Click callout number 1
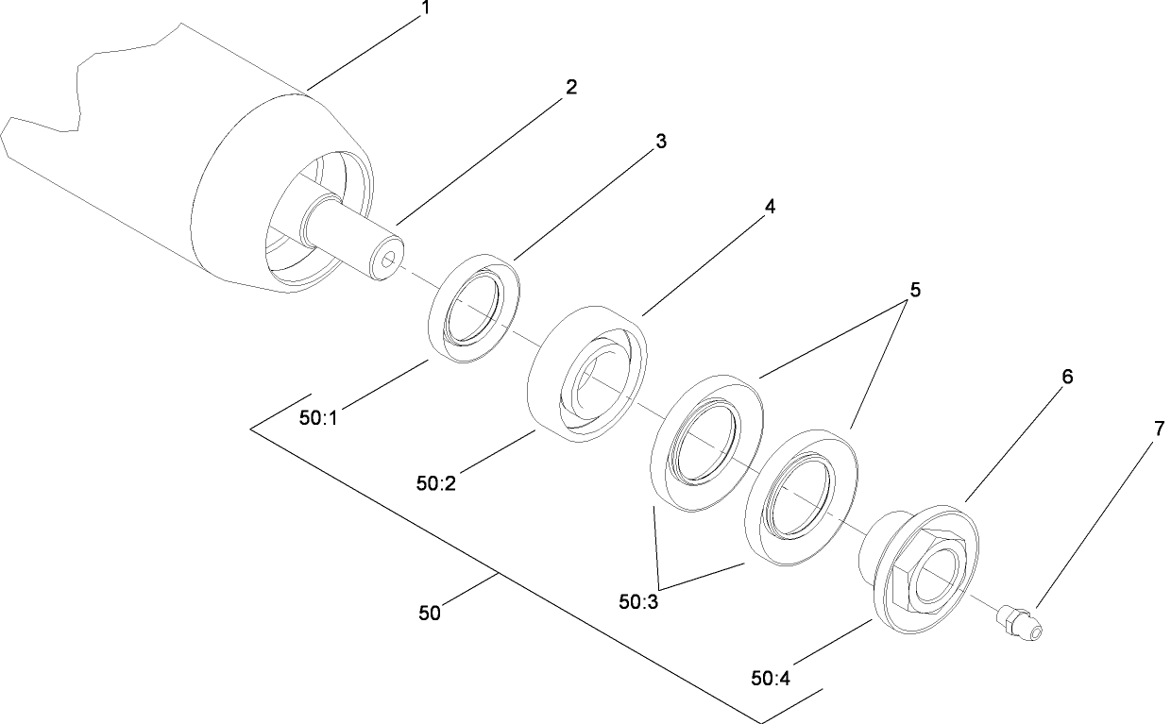point(426,8)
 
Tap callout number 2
point(570,87)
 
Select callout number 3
point(661,142)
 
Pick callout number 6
point(1067,377)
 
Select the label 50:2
point(436,483)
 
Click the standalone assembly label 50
point(430,613)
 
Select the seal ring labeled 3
point(475,305)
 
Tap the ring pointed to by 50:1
point(475,305)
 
